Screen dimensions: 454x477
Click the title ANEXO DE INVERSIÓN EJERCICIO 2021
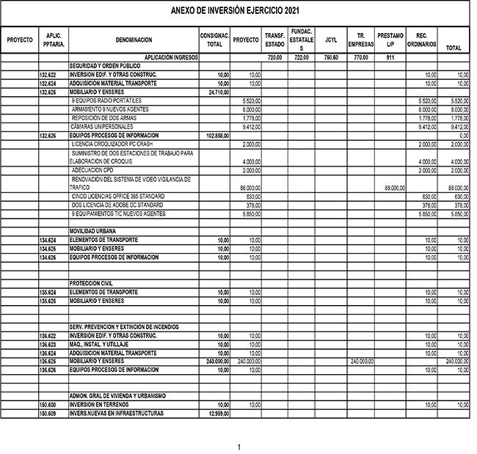(x=234, y=10)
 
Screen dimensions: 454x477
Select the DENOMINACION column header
(x=134, y=40)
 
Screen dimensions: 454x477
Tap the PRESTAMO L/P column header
(x=390, y=40)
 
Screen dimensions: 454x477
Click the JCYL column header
(x=331, y=40)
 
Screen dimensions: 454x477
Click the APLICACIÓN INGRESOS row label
(x=171, y=57)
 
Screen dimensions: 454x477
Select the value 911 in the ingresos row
(x=390, y=57)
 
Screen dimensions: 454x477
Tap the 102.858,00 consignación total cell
(x=217, y=136)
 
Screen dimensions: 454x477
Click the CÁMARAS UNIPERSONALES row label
(x=100, y=126)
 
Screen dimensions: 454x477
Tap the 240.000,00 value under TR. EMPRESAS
(x=362, y=362)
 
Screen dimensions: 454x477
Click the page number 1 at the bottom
(x=238, y=447)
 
